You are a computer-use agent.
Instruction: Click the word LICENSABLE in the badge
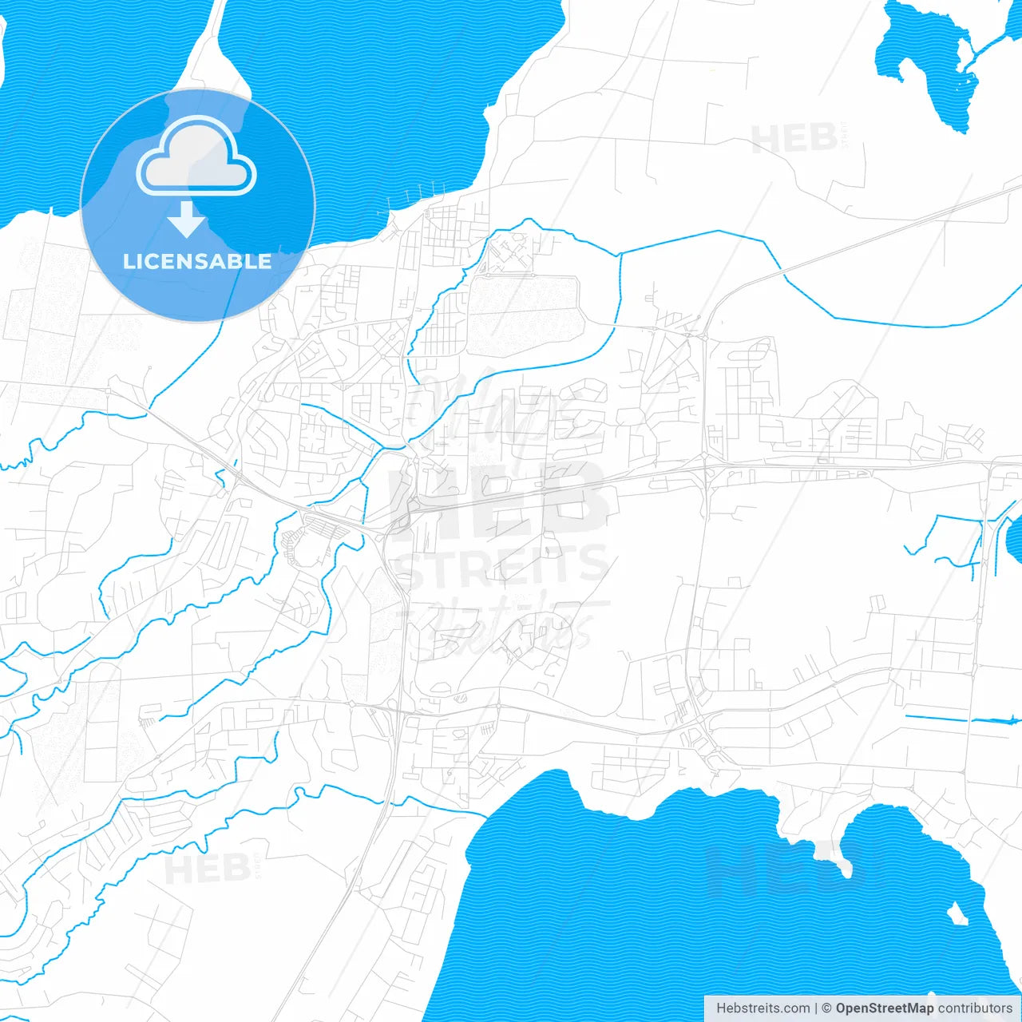click(197, 261)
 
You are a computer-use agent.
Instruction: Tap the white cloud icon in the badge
click(196, 157)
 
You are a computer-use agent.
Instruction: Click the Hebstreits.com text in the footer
click(763, 1008)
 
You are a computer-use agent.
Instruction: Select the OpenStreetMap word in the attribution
click(885, 1008)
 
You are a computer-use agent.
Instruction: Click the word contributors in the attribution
click(975, 1008)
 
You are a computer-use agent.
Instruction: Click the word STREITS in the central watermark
click(503, 565)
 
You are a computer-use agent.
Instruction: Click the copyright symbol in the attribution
click(826, 1008)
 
